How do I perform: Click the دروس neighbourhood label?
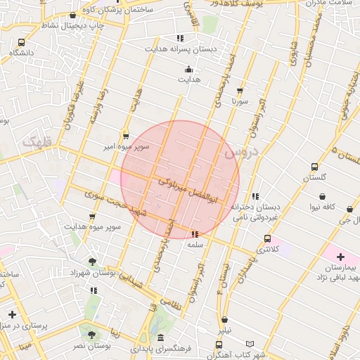(241, 152)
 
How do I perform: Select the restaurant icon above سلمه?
(195, 233)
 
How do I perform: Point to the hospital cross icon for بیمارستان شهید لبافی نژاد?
(340, 257)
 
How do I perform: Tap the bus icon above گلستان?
(314, 167)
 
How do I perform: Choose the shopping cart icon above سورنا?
(240, 90)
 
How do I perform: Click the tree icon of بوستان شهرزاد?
(93, 262)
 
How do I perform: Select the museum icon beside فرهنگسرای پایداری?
(161, 338)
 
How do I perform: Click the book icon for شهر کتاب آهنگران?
(249, 344)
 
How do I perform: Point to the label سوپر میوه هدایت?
(93, 227)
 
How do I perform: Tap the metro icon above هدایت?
(188, 69)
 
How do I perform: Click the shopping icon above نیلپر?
(224, 319)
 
